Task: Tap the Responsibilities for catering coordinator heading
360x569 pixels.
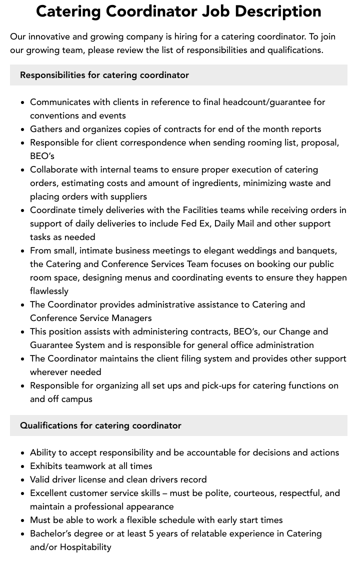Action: tap(104, 75)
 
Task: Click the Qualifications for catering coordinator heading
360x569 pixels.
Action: tap(100, 425)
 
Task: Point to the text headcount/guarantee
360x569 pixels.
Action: tap(267, 102)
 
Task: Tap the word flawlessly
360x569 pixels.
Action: tap(49, 291)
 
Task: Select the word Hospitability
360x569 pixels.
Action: tap(85, 547)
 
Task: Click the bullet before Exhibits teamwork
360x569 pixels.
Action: tap(22, 466)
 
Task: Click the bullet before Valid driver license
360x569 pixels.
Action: tap(22, 480)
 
